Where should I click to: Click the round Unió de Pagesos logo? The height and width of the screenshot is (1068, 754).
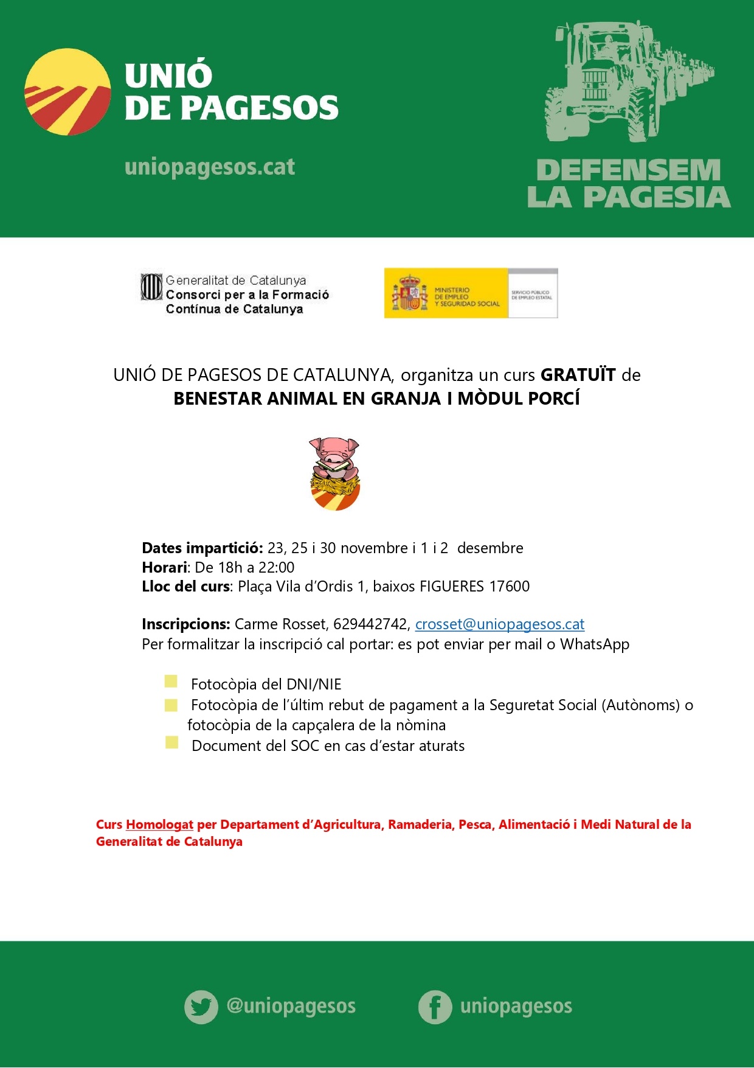point(67,92)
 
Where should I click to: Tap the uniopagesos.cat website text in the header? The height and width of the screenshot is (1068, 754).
point(209,167)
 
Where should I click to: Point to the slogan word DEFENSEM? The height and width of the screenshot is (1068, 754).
point(628,170)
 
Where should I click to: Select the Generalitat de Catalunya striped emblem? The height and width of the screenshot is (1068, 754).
point(151,287)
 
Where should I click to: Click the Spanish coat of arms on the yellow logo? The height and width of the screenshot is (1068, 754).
point(409,293)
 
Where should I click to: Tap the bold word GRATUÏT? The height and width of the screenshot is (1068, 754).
point(578,375)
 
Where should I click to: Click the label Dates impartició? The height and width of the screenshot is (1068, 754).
point(202,548)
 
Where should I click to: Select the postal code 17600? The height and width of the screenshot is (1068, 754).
point(510,586)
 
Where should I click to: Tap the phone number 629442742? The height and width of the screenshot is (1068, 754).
point(371,624)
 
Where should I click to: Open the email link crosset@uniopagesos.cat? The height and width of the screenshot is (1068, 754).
point(499,624)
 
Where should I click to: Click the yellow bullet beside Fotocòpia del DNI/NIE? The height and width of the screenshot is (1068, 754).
point(171,682)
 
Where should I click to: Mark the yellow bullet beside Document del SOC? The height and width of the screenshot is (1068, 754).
point(171,742)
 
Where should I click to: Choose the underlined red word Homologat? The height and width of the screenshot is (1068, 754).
point(159,825)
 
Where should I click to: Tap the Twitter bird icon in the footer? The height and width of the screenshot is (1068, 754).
point(201,1007)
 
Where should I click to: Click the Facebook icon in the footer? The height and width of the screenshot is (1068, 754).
point(435,1007)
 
